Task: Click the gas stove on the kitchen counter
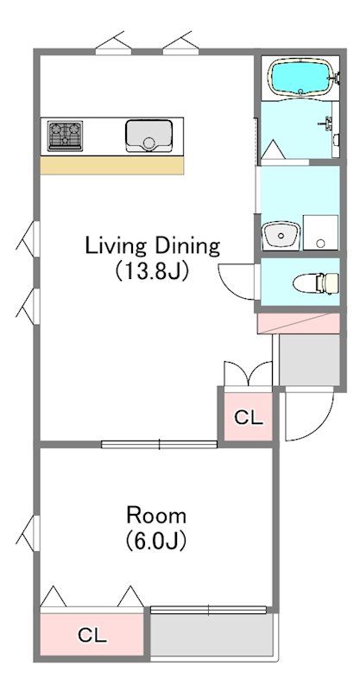click(x=66, y=136)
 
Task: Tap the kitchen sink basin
click(x=148, y=136)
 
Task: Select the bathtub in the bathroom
click(x=300, y=78)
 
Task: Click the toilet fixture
click(x=316, y=282)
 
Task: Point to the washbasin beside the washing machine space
click(x=281, y=236)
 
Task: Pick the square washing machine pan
click(x=320, y=232)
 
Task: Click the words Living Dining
click(x=152, y=247)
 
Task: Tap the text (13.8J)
click(x=152, y=272)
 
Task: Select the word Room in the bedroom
click(x=156, y=515)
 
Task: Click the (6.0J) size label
click(x=156, y=540)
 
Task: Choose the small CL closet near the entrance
click(x=249, y=416)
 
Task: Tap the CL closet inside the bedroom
click(x=92, y=635)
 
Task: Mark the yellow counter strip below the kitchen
click(x=112, y=166)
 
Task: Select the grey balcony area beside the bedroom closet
click(x=212, y=635)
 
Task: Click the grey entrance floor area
click(x=309, y=360)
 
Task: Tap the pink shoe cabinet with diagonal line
click(x=299, y=323)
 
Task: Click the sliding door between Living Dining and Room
click(x=159, y=444)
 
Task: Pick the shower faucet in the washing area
click(x=328, y=124)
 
